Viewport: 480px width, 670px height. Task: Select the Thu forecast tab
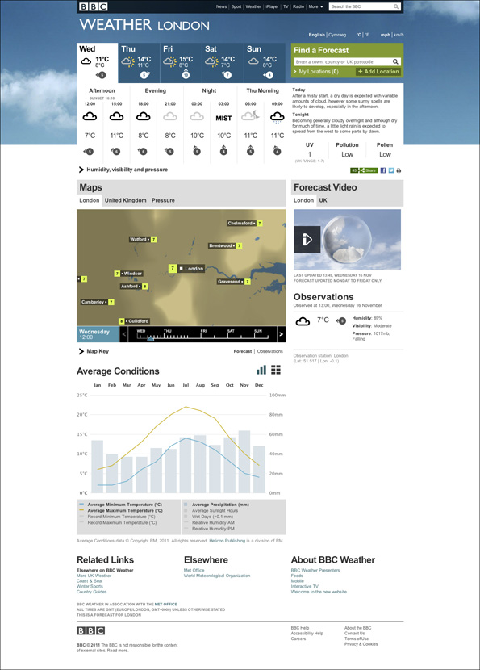[139, 62]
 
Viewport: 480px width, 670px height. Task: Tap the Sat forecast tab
[222, 62]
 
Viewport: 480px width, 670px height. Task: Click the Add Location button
[378, 72]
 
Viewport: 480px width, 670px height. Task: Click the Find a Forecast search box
[342, 61]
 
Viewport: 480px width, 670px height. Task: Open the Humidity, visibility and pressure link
[127, 170]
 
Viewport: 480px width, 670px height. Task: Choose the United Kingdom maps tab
[125, 200]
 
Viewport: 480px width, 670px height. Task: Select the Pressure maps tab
[163, 200]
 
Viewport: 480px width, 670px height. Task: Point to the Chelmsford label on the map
[241, 223]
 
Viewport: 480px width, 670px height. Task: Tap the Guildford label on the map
[140, 321]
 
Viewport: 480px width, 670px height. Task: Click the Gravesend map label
[235, 282]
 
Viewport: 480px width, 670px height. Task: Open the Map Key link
[98, 352]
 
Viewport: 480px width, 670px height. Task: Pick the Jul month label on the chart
[186, 386]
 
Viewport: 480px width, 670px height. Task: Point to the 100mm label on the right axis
[278, 396]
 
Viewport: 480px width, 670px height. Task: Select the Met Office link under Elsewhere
[194, 570]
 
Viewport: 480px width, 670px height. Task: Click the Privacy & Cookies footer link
[361, 644]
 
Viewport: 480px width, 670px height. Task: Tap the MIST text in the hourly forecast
[223, 119]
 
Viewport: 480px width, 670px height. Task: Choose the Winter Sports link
[90, 587]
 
